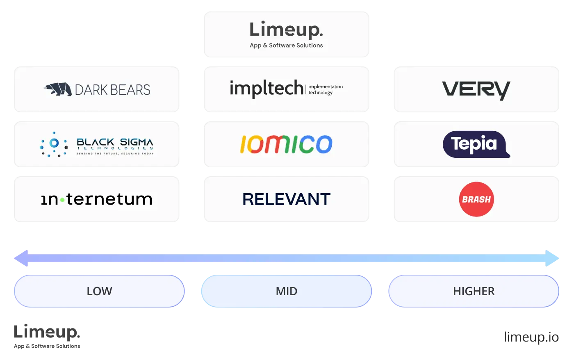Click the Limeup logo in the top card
(286, 30)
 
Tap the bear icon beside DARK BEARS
(58, 89)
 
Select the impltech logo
(266, 88)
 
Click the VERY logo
(476, 90)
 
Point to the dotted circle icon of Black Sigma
(54, 144)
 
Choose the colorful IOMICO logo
(286, 144)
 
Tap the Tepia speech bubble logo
(476, 144)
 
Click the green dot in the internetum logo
(62, 200)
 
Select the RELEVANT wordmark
(286, 199)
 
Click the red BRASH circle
(476, 199)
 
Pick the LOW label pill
(99, 291)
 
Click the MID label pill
(286, 291)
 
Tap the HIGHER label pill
(474, 291)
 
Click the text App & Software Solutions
(286, 46)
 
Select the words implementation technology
(326, 90)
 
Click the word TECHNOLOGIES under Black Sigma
(115, 148)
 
